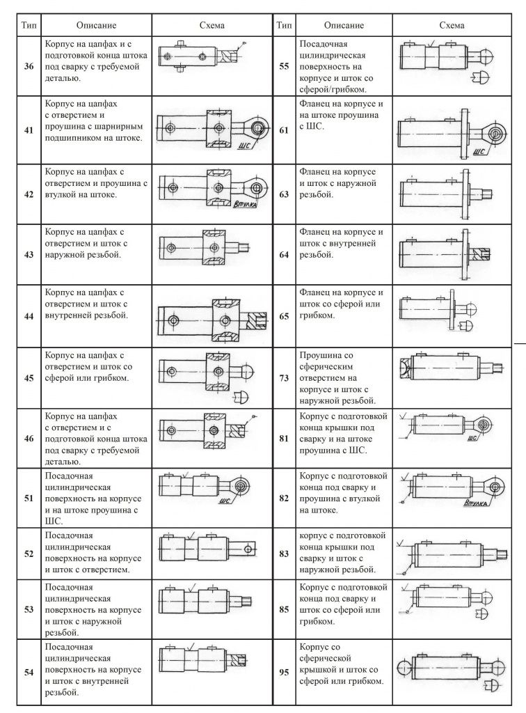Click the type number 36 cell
29,66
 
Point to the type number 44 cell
29,315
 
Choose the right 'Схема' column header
452,25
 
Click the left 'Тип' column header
29,25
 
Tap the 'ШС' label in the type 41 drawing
243,146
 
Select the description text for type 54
93,669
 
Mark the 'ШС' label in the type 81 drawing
474,439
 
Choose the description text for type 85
341,604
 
